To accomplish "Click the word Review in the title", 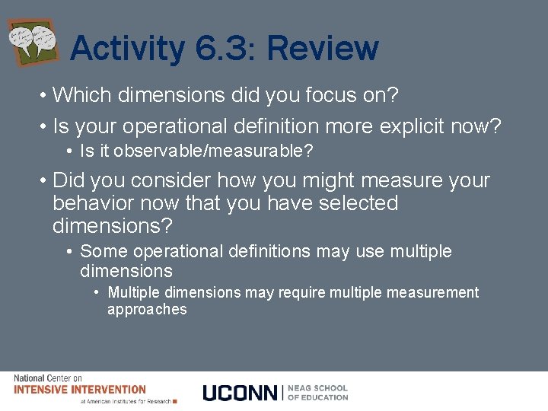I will [x=322, y=49].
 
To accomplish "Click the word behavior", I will [x=92, y=204].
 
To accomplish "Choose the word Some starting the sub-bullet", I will [x=100, y=251].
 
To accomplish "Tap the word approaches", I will [x=147, y=309].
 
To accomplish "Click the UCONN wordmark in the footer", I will [x=240, y=393].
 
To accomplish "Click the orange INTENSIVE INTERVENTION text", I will [x=79, y=390].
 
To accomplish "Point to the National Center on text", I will [x=47, y=378].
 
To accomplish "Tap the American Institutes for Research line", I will [x=126, y=401].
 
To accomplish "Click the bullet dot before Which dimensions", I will [x=45, y=96].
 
